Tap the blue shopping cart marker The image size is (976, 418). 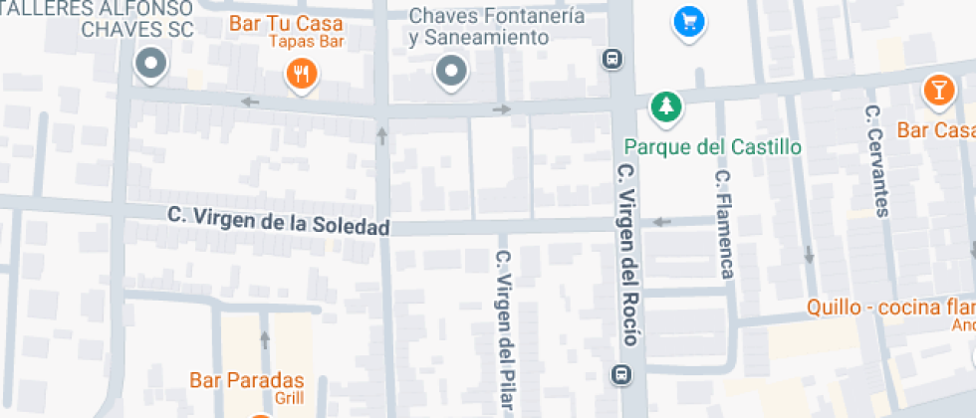[687, 20]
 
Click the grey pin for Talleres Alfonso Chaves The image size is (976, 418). [151, 65]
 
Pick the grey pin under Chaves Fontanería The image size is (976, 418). [452, 71]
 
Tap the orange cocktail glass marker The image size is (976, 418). [938, 89]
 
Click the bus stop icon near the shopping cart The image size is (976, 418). [612, 59]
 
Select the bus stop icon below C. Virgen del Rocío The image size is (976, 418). [621, 374]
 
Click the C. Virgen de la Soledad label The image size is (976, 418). [278, 218]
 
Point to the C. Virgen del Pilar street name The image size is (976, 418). [505, 327]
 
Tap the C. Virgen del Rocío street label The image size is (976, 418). [626, 255]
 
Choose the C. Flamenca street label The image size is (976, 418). [724, 224]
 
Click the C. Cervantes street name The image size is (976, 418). [875, 160]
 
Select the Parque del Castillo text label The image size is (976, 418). [712, 147]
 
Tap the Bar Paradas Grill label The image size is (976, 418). [246, 387]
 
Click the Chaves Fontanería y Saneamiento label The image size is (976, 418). [480, 27]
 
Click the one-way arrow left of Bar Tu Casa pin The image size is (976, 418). [249, 102]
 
